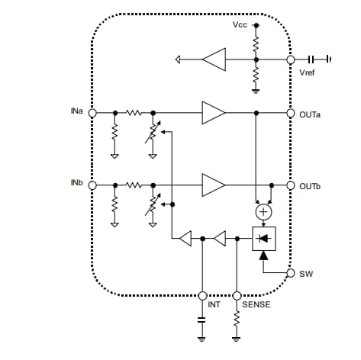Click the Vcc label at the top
coord(239,25)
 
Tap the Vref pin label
coord(308,72)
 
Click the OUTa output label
coord(309,114)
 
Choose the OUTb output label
coord(309,186)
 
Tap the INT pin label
coord(214,305)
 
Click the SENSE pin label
coord(256,305)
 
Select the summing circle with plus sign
coord(264,211)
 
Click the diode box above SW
coord(264,239)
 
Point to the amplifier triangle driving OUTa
coord(213,113)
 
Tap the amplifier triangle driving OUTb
coord(213,185)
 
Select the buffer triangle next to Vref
coord(214,59)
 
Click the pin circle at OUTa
coord(291,113)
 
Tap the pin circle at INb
coord(92,185)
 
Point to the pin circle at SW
coord(291,272)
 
